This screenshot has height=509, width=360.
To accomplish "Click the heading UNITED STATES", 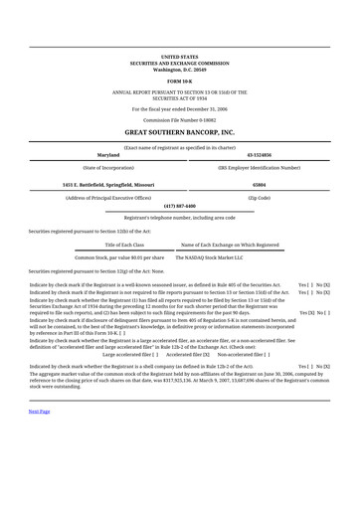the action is pos(179,58).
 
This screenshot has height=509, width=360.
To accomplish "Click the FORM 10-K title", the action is pos(179,81).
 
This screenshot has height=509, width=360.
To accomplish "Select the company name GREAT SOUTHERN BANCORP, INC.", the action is pos(179,131).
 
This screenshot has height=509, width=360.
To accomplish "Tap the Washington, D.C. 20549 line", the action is pos(179,70).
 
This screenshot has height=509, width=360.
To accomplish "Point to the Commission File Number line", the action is pos(179,119).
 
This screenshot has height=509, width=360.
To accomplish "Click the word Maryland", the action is pos(107,156).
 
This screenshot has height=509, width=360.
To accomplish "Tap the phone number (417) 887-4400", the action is pos(179,206).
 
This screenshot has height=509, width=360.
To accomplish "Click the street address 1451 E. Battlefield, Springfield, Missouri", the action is pos(108,185).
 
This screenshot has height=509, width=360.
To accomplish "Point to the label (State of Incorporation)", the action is pos(107,168).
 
